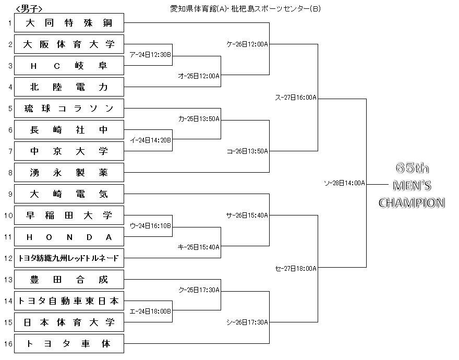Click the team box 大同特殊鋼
click(69, 22)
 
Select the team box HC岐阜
click(69, 65)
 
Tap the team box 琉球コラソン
click(69, 109)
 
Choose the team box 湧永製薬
click(69, 173)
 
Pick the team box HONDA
click(69, 237)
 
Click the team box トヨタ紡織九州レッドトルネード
click(69, 258)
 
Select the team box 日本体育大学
click(69, 322)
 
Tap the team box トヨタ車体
click(69, 344)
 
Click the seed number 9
click(10, 194)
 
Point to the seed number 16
click(8, 344)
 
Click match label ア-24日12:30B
click(150, 55)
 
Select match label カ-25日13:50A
click(199, 118)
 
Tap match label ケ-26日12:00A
click(247, 44)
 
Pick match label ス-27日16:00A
click(296, 98)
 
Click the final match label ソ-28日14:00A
click(345, 183)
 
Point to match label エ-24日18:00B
click(150, 311)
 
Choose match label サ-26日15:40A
click(247, 215)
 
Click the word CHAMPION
click(412, 203)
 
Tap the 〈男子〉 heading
click(29, 9)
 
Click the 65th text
click(412, 168)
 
